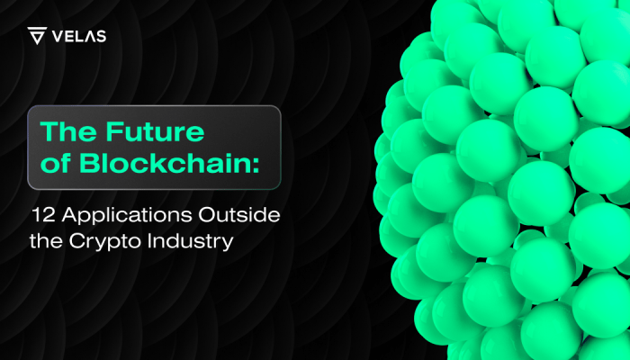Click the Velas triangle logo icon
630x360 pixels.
[x=37, y=35]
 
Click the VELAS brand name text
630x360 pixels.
[x=79, y=37]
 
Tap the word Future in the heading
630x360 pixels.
[x=155, y=131]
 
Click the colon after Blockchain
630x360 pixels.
[x=256, y=166]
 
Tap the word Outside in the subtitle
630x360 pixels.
[x=239, y=215]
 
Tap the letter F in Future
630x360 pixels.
[x=114, y=131]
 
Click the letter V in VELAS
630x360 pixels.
[x=58, y=37]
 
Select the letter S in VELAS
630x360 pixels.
[x=102, y=37]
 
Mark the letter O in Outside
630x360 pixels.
[x=207, y=215]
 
